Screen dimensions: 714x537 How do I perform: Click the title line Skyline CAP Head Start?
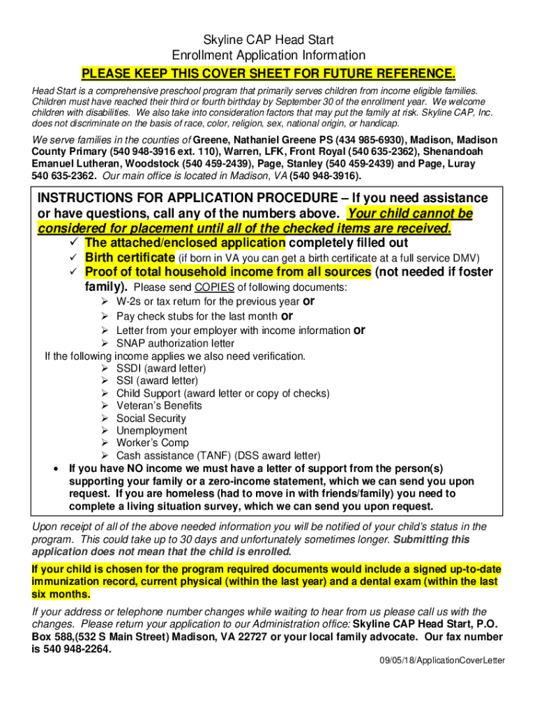click(268, 40)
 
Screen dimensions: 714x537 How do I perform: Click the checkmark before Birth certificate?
click(68, 258)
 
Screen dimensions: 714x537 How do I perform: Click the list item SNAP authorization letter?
click(175, 343)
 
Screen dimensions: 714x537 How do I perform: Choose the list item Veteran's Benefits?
click(159, 406)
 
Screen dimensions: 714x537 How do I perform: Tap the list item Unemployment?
click(151, 431)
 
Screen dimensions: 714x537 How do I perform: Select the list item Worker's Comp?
click(152, 443)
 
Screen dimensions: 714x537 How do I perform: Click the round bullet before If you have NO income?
click(56, 469)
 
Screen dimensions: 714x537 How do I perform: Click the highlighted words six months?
click(61, 594)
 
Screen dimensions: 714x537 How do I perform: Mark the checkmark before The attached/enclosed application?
click(68, 243)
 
